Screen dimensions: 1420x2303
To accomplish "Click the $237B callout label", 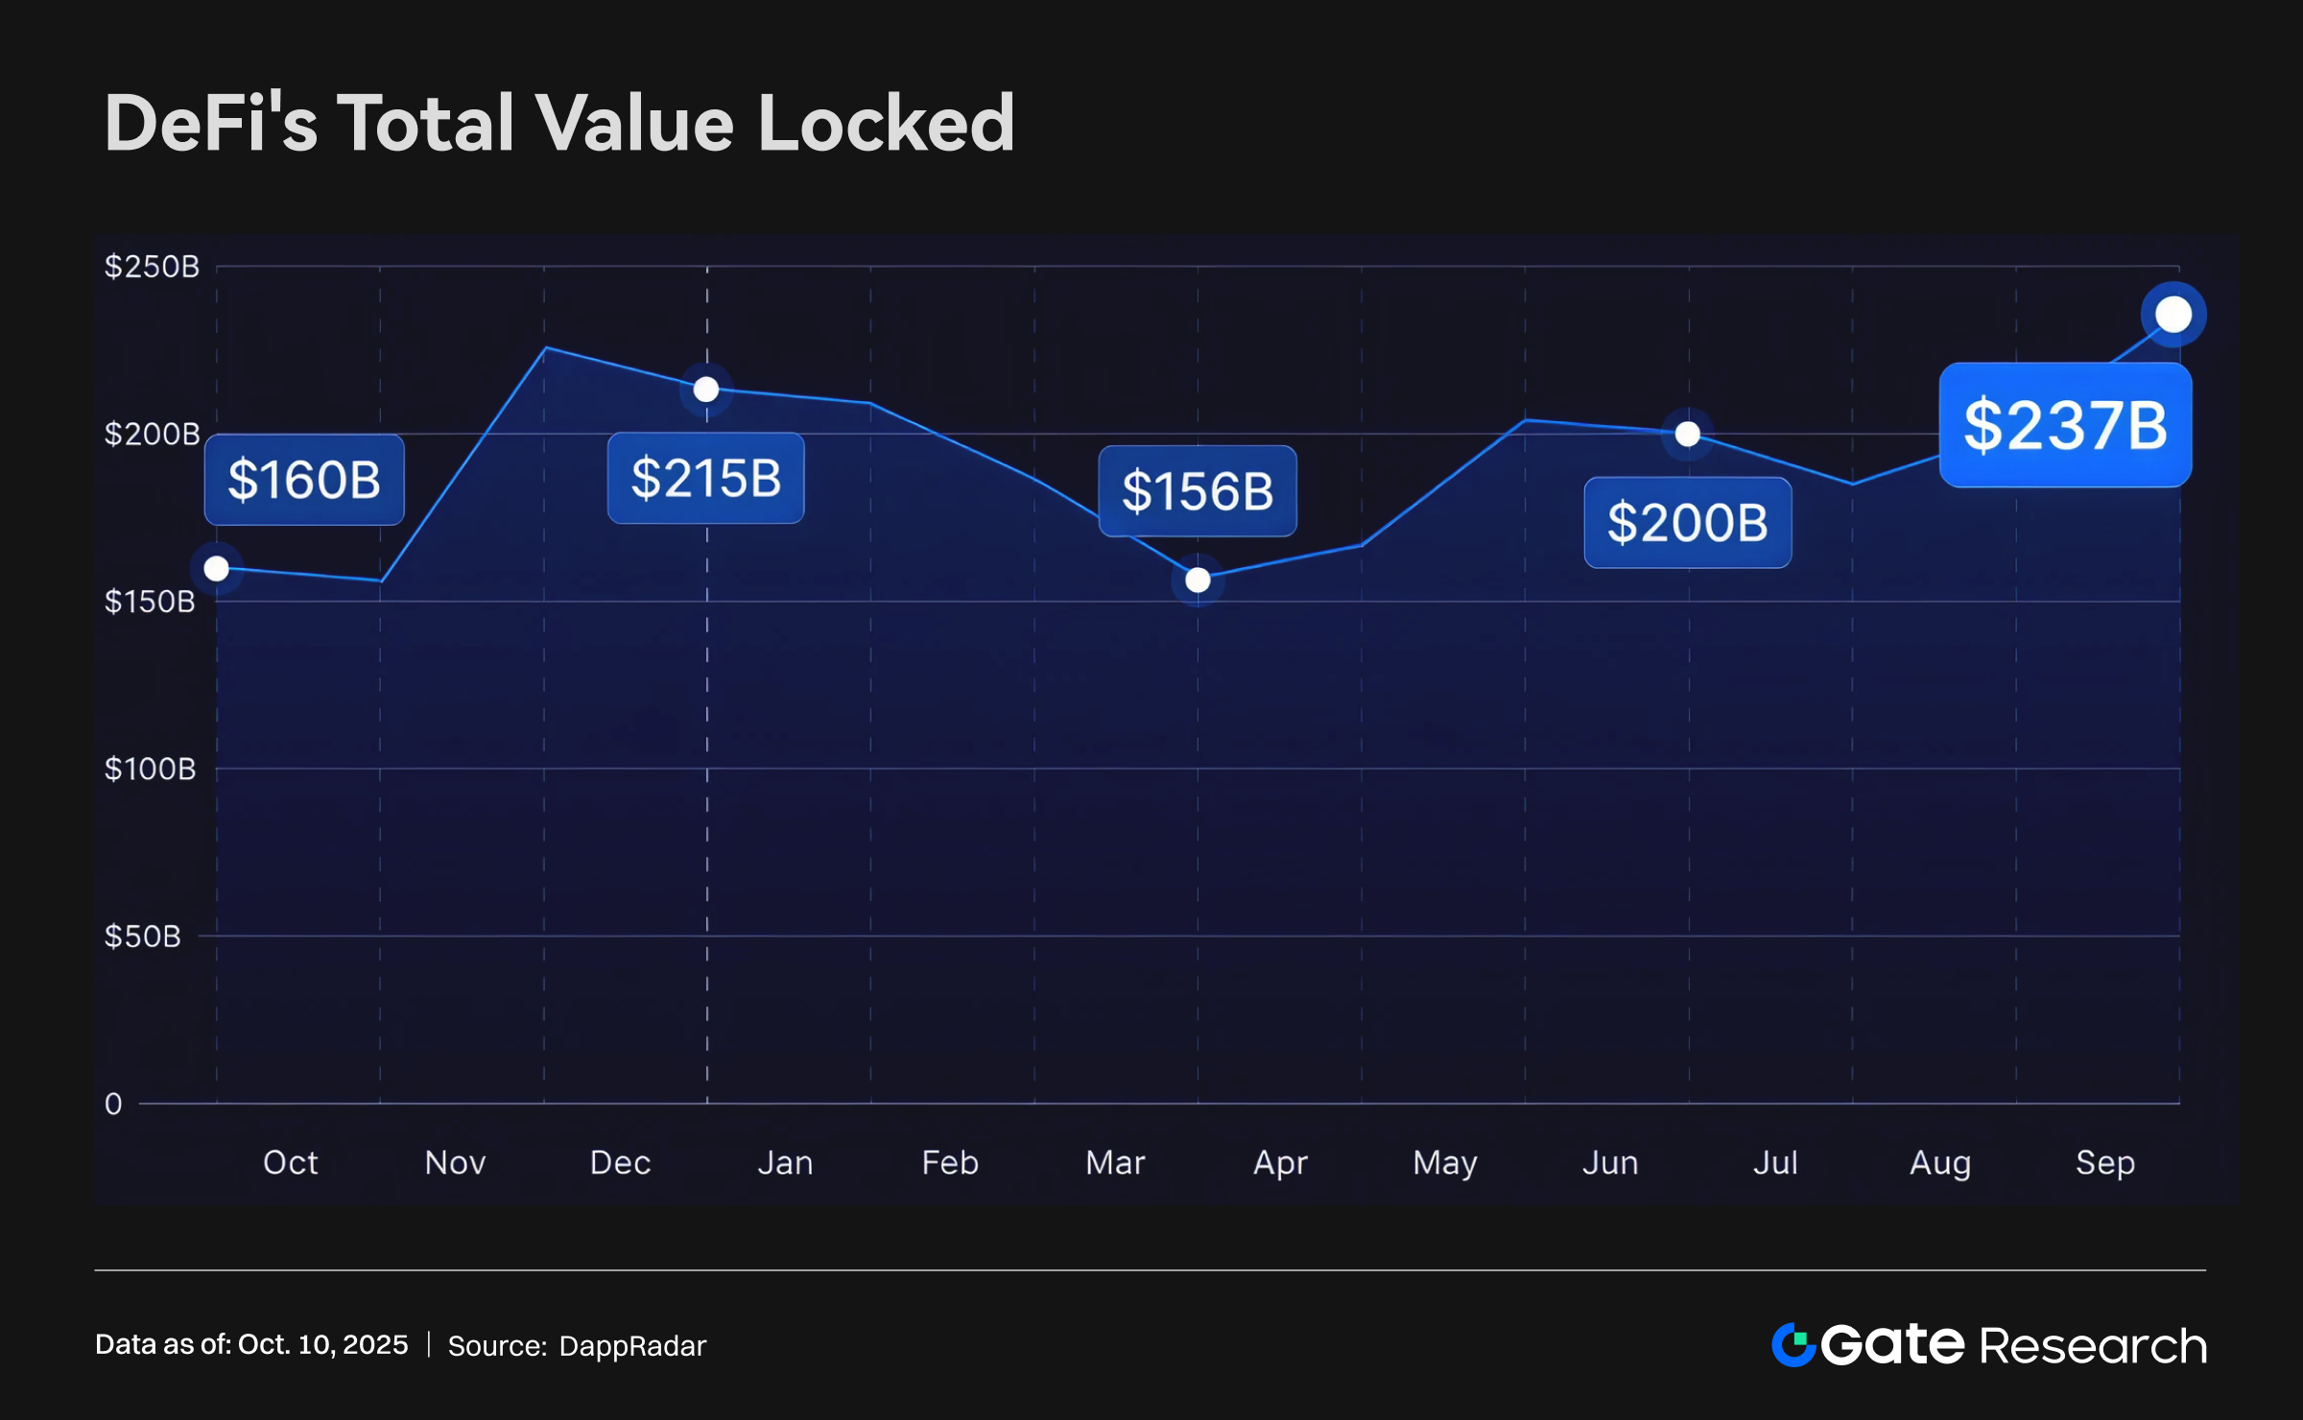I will point(2065,425).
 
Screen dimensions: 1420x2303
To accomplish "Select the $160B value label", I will point(304,480).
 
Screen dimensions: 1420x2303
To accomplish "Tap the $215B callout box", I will point(705,478).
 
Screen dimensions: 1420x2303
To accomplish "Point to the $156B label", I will point(1198,491).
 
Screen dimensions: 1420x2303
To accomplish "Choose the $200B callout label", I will point(1687,523).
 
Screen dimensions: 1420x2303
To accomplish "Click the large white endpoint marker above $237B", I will point(2173,315).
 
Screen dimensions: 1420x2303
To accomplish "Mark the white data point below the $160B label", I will point(217,569).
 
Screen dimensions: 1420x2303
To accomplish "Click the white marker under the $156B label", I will point(1198,580).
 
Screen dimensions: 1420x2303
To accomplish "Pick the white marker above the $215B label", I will point(706,390).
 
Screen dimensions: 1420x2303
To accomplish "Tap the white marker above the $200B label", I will point(1688,434).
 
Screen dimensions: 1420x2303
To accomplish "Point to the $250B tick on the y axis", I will point(152,267).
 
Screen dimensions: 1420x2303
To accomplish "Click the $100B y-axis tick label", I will point(150,769).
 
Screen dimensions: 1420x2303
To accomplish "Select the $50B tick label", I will point(143,936).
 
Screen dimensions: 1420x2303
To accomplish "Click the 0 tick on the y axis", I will point(113,1104).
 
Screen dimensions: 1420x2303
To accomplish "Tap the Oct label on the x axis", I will point(290,1163).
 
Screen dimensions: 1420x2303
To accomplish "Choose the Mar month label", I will point(1115,1163).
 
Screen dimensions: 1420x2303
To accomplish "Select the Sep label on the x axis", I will point(2105,1163).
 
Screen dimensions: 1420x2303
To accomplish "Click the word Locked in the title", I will point(886,124).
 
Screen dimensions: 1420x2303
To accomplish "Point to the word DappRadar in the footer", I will point(632,1346).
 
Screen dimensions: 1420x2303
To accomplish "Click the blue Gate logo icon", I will point(1793,1344).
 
